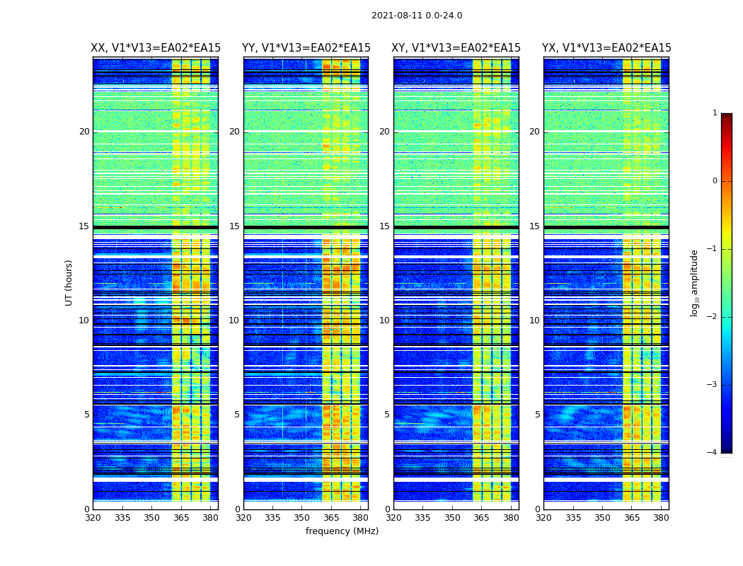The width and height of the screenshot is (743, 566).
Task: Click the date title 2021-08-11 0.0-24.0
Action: point(417,16)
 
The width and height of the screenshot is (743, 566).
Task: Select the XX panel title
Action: point(156,48)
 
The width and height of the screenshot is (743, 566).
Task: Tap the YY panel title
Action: point(306,48)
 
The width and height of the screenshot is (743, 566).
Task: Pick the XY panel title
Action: point(456,48)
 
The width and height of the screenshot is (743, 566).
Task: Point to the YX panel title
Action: point(606,48)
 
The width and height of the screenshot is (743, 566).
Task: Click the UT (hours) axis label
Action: point(69,282)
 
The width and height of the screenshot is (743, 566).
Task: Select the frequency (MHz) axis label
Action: point(342,531)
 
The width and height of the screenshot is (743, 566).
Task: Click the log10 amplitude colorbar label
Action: point(695,282)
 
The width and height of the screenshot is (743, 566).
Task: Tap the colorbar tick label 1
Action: point(715,113)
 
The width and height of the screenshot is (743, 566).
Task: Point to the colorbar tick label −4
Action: point(713,453)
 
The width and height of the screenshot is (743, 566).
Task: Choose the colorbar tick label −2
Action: point(713,317)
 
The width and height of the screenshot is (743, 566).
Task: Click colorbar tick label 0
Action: point(715,181)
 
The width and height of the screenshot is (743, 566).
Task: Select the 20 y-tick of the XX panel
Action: point(84,132)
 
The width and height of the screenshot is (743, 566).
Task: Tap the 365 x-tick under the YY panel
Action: point(331,517)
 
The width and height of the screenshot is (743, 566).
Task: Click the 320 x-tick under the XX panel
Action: point(93,517)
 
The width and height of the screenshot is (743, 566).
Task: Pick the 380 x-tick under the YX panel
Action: point(661,517)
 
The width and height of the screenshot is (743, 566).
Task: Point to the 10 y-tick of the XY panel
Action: point(384,320)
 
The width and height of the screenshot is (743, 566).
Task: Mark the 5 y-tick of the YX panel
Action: point(537,415)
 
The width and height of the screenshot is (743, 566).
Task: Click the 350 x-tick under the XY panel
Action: point(452,517)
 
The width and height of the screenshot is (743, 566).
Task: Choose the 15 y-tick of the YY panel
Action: point(234,226)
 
